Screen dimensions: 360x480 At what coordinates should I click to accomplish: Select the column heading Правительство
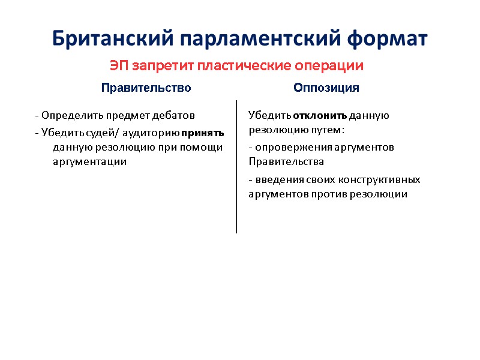(146, 88)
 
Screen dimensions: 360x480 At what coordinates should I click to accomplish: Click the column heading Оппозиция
(326, 88)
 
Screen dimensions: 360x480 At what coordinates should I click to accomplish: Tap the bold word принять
(203, 132)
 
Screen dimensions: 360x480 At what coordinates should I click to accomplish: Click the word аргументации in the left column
(90, 162)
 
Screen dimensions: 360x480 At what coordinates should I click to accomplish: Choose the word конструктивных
(380, 179)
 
